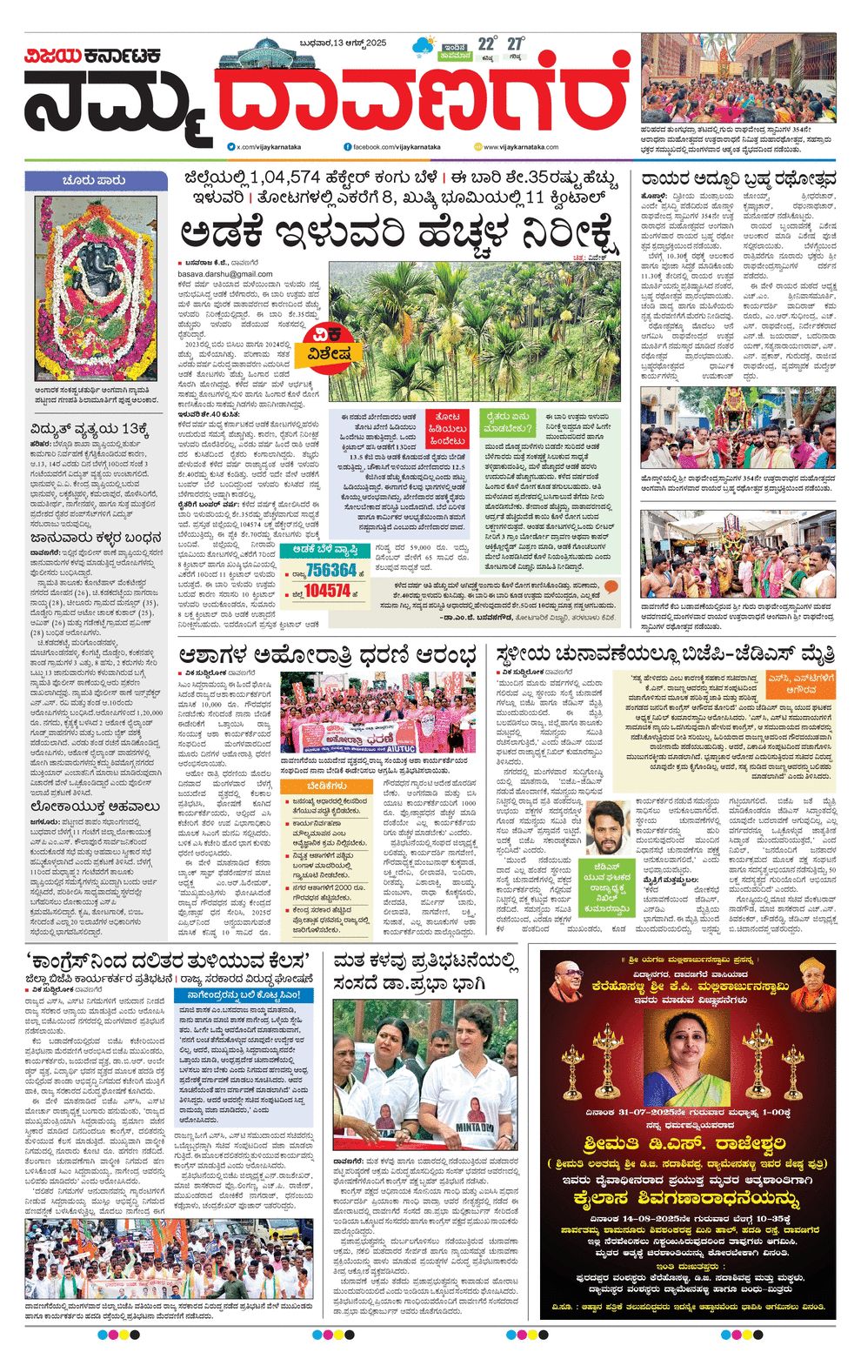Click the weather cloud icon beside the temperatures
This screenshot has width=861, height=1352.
click(426, 44)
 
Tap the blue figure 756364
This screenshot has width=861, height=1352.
click(331, 570)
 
